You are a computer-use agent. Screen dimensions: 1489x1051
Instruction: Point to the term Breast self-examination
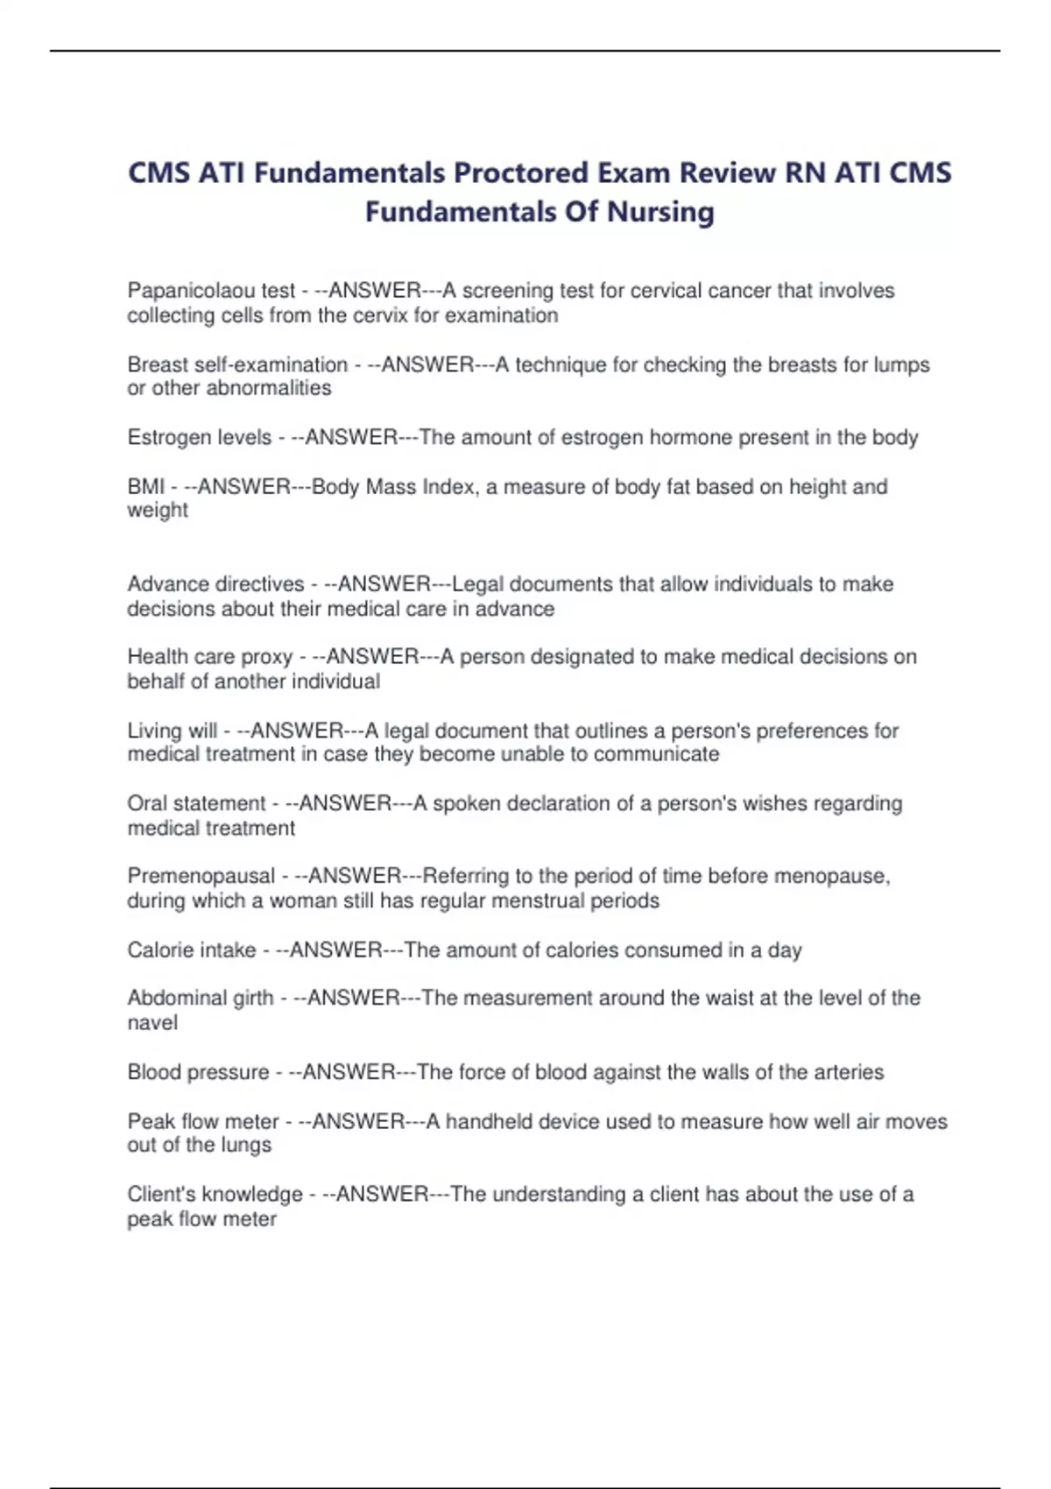[237, 364]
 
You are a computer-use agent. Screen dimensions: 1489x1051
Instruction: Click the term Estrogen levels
[200, 437]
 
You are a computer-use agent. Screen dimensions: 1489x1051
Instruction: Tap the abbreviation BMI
[145, 486]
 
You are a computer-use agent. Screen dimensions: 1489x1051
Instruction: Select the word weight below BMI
[158, 510]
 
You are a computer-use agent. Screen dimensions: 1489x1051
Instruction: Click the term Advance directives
[215, 584]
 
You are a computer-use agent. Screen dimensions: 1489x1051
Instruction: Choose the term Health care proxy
[210, 657]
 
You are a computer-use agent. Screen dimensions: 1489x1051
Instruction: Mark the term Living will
[173, 730]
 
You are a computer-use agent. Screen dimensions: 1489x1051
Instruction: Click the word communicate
[668, 754]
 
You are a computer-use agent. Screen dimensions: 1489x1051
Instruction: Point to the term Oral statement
[196, 803]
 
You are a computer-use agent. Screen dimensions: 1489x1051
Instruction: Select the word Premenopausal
[201, 876]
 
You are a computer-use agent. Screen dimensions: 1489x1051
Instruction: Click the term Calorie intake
[192, 949]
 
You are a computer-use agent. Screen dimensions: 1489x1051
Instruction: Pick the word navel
[152, 1022]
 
